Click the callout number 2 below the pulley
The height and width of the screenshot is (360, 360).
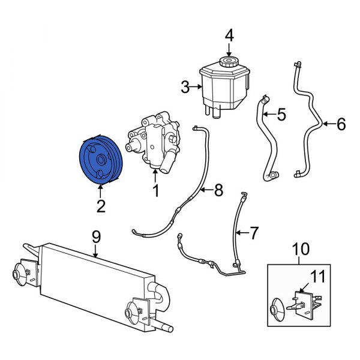pyautogui.click(x=101, y=206)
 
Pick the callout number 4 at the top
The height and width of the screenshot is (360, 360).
pyautogui.click(x=229, y=35)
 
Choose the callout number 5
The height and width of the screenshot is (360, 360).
pyautogui.click(x=281, y=112)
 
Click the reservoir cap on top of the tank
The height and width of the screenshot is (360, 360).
pyautogui.click(x=229, y=62)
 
